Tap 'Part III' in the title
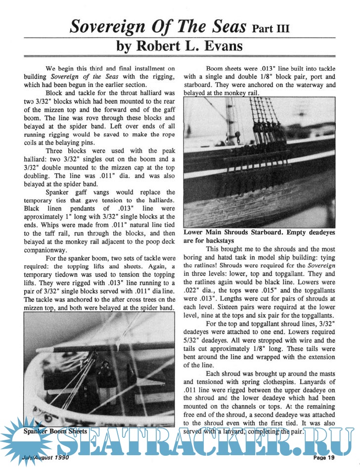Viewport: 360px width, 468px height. click(x=270, y=28)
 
